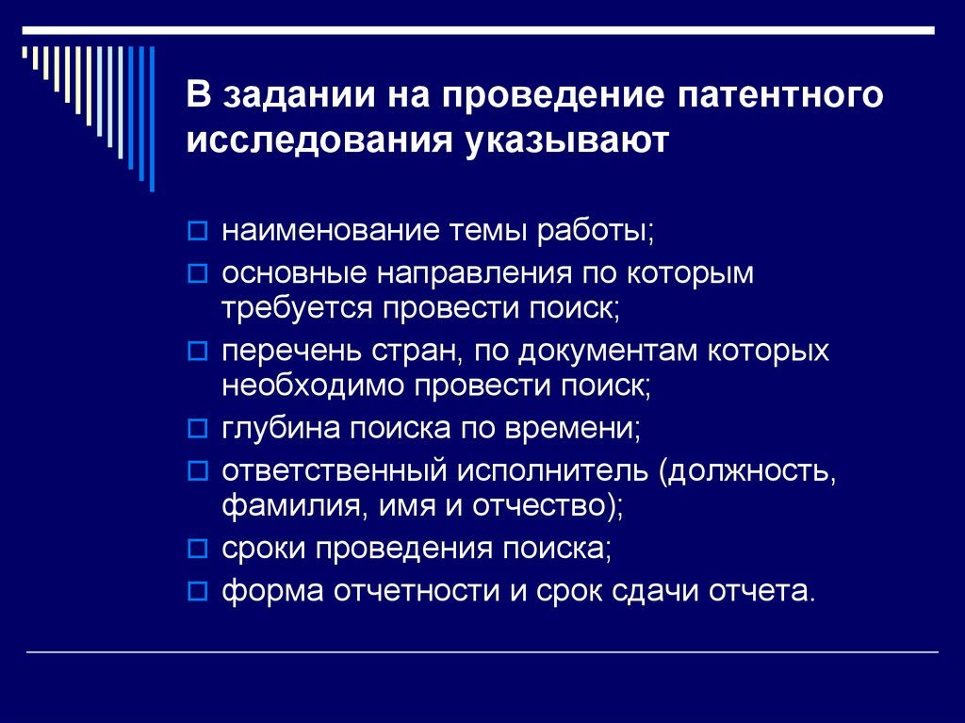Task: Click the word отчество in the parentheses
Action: coord(544,504)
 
